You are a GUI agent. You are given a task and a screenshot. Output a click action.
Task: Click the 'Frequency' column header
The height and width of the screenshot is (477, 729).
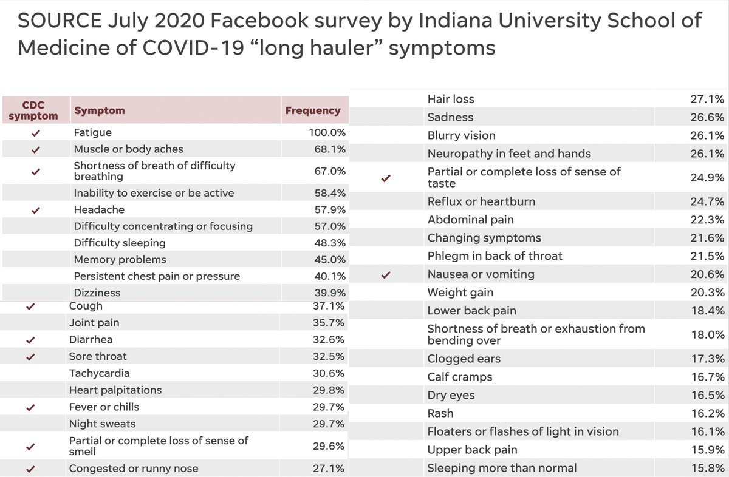[313, 110]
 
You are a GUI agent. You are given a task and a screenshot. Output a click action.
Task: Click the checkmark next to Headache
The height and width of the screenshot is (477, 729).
[36, 210]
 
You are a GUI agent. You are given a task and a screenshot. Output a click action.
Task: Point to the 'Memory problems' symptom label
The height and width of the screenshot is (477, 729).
[120, 260]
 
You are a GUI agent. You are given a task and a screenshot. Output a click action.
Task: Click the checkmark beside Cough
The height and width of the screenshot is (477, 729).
[31, 307]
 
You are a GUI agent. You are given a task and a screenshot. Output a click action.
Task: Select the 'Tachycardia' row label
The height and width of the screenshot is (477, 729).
[99, 373]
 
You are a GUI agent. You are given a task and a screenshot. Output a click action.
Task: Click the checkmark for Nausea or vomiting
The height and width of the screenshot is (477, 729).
[385, 275]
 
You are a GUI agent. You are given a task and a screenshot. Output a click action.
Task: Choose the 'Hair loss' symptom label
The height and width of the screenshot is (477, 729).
[451, 99]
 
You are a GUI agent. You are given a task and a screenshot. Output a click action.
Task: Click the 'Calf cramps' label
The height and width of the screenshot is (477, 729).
[459, 377]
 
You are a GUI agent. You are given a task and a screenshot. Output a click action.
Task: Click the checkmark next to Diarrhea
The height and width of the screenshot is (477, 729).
[31, 340]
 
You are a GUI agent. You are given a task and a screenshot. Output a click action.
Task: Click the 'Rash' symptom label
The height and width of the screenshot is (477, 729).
[440, 413]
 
